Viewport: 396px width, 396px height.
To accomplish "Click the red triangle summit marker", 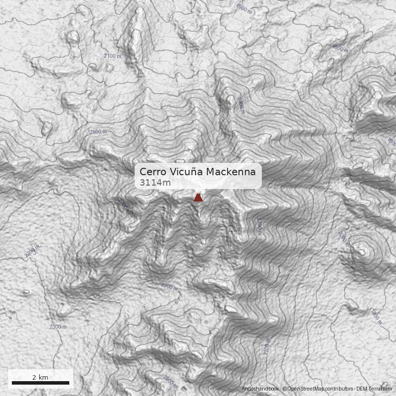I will tap(198, 198).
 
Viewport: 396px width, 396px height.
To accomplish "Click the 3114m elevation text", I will tap(155, 183).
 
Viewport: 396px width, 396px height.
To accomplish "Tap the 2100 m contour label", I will tap(112, 56).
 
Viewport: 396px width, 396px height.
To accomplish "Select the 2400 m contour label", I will tap(241, 105).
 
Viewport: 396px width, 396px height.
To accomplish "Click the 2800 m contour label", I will tap(170, 382).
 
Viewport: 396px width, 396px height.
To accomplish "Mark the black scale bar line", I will tap(40, 383).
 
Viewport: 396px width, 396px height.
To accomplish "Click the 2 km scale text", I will tap(40, 377).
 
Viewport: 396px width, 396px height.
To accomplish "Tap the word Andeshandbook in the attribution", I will tap(261, 389).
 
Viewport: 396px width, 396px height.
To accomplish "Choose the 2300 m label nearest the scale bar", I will tap(58, 327).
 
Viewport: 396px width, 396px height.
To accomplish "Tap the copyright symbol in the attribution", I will tap(285, 389).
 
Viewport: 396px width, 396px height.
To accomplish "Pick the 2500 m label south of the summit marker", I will tap(169, 287).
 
